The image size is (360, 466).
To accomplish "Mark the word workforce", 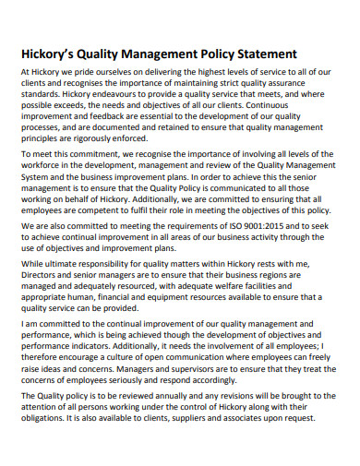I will coord(44,168).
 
